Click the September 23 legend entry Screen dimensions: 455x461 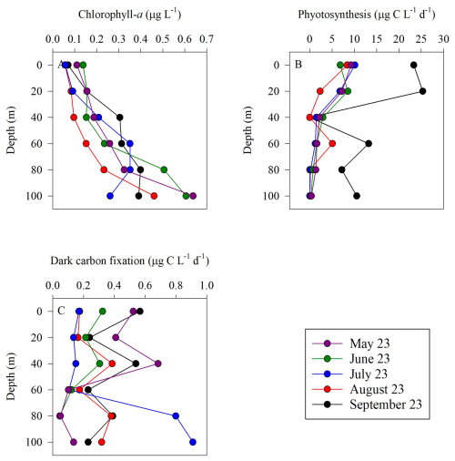(x=367, y=405)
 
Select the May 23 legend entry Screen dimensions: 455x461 (x=351, y=343)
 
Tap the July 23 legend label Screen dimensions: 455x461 (x=369, y=374)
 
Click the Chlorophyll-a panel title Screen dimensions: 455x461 (x=130, y=15)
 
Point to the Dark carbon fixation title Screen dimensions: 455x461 (x=130, y=261)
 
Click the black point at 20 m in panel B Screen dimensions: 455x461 (x=422, y=91)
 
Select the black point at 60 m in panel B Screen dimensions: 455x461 (x=369, y=143)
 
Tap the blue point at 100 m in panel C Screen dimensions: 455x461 (x=193, y=442)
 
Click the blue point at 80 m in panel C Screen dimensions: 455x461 (x=176, y=416)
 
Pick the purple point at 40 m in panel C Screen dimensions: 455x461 (x=158, y=364)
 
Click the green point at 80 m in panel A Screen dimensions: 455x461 (x=164, y=169)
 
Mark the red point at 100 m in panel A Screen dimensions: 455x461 (x=154, y=196)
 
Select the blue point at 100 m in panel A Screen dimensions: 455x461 (x=110, y=196)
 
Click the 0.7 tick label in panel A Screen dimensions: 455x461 (x=207, y=39)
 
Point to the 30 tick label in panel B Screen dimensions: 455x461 (x=444, y=39)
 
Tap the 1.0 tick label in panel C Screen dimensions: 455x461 (x=207, y=285)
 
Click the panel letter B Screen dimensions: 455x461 (x=298, y=65)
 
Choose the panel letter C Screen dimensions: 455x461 (x=61, y=311)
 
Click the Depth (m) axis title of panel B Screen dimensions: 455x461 (x=248, y=130)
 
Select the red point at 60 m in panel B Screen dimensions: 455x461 (x=332, y=143)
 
